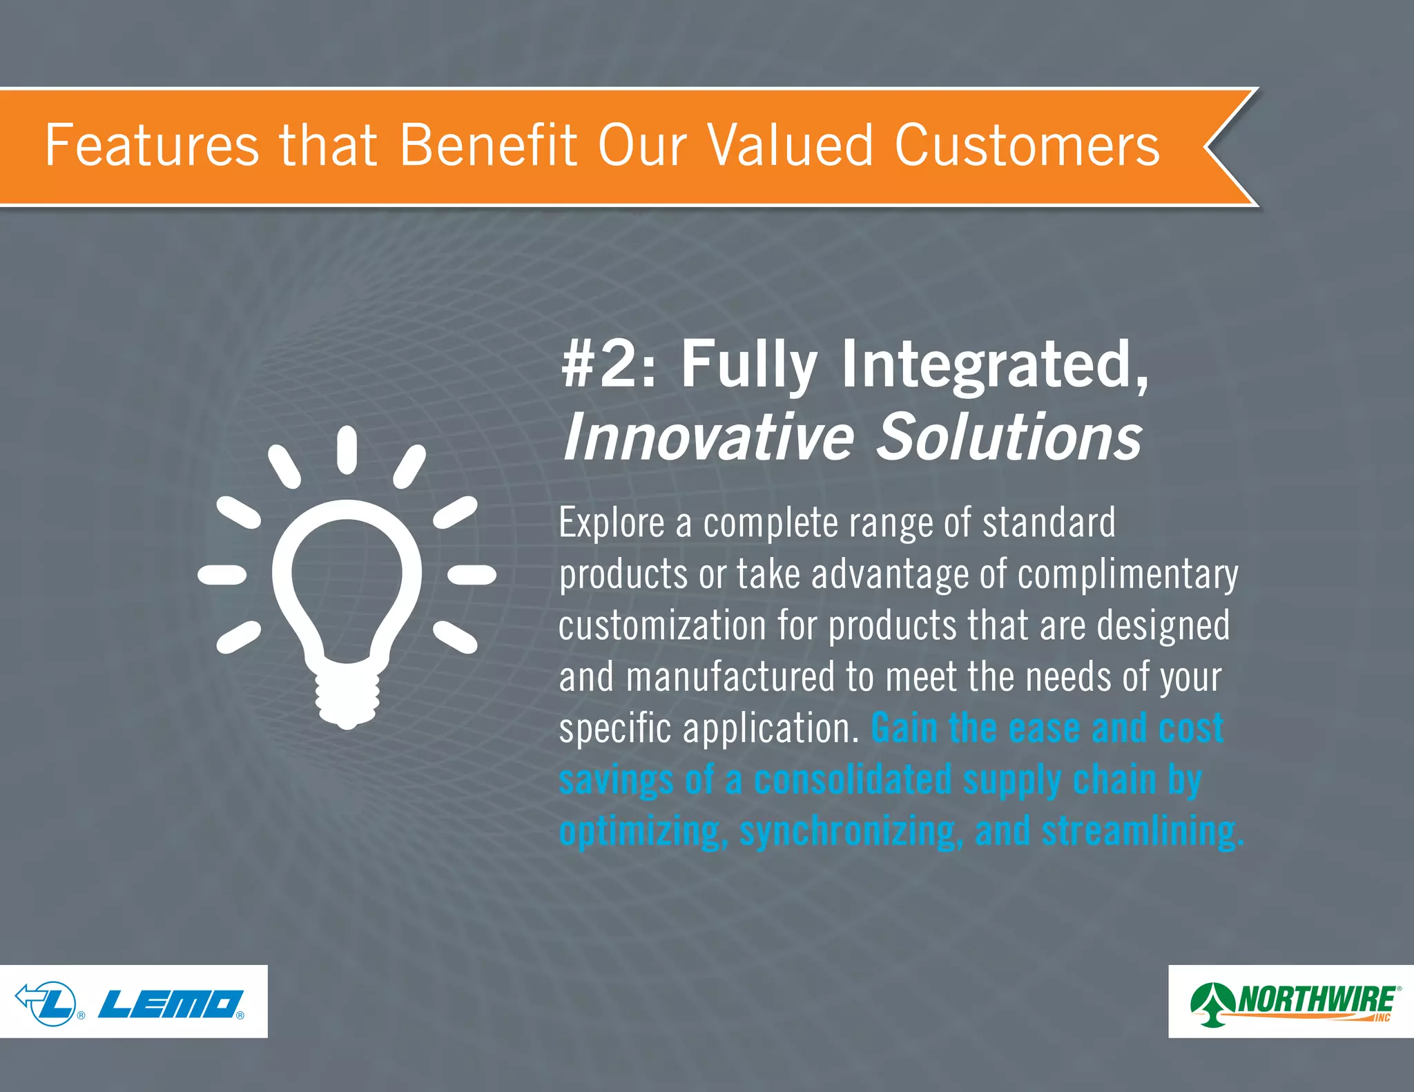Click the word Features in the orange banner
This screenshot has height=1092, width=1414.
pos(151,146)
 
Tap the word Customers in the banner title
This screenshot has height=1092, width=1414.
pos(1027,146)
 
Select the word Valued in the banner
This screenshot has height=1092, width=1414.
pos(791,146)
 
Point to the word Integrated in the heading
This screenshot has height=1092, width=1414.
pos(994,366)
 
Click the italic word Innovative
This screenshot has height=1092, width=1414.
pos(708,438)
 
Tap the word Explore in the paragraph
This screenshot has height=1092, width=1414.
pos(611,523)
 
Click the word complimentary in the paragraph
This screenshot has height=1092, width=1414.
pos(1127,575)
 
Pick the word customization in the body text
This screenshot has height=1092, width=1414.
pos(662,625)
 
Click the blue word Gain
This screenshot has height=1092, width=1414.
pos(904,728)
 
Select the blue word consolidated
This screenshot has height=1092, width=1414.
pos(853,780)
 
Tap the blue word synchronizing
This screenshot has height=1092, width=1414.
pos(851,831)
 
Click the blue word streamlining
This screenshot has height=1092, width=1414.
pos(1142,831)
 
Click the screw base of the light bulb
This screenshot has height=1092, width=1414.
pos(347,697)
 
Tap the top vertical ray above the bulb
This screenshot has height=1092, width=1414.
pos(347,450)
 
